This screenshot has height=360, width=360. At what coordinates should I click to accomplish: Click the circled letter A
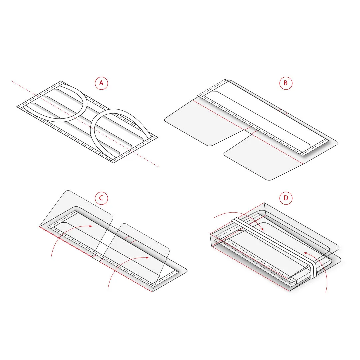[101, 83]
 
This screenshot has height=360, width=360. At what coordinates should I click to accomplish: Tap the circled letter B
[286, 83]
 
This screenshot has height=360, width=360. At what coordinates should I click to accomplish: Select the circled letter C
[101, 198]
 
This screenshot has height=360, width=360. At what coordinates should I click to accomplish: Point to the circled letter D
[286, 198]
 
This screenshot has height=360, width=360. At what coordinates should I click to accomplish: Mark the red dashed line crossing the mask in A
[85, 124]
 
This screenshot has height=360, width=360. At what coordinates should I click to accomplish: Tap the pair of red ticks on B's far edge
[283, 112]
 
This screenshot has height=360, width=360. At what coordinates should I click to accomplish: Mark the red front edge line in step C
[96, 259]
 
